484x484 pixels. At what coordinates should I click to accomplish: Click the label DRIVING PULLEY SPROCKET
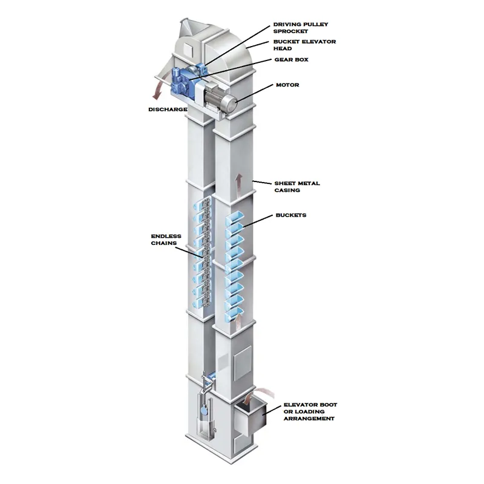(300, 27)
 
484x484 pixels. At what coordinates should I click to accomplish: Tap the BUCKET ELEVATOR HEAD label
(304, 45)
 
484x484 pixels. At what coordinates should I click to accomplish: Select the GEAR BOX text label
(292, 59)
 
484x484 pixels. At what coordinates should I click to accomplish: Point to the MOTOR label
(287, 85)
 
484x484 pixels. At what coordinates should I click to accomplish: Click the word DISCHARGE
(168, 110)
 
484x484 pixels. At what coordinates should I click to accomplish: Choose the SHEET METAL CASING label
(297, 187)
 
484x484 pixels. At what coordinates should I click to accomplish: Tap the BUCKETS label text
(291, 215)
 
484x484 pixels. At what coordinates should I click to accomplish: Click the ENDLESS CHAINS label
(166, 240)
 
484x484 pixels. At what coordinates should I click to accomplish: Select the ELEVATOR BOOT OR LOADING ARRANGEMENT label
(310, 411)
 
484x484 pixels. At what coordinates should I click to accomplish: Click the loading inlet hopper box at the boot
(250, 418)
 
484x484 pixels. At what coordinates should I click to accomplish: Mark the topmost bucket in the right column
(235, 217)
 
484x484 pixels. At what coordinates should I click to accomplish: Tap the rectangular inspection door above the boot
(243, 362)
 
